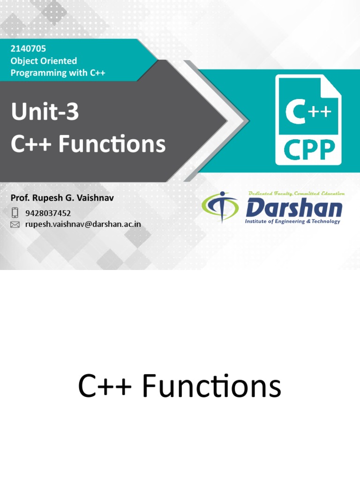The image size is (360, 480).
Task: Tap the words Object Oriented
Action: tap(44, 61)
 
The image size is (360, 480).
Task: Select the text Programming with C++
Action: tap(58, 73)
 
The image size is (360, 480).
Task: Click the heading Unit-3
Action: tap(45, 112)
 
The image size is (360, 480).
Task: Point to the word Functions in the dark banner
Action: tap(112, 144)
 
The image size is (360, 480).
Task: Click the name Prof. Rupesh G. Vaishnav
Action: tap(62, 198)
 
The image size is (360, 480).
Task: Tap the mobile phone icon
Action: tap(15, 213)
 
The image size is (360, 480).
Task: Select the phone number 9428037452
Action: tap(48, 213)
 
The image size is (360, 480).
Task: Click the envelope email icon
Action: tap(15, 225)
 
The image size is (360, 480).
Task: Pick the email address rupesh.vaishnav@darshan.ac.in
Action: tap(83, 225)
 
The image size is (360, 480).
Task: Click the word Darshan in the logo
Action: tap(294, 208)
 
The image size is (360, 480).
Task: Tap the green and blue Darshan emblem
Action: tap(220, 207)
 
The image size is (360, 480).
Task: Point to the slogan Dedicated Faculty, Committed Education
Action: tap(297, 193)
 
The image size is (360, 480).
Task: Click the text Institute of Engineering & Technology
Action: tap(292, 221)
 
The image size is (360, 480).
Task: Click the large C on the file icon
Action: tap(296, 112)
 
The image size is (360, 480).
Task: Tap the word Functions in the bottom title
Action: tap(211, 388)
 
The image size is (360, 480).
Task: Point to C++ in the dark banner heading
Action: tap(31, 144)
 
